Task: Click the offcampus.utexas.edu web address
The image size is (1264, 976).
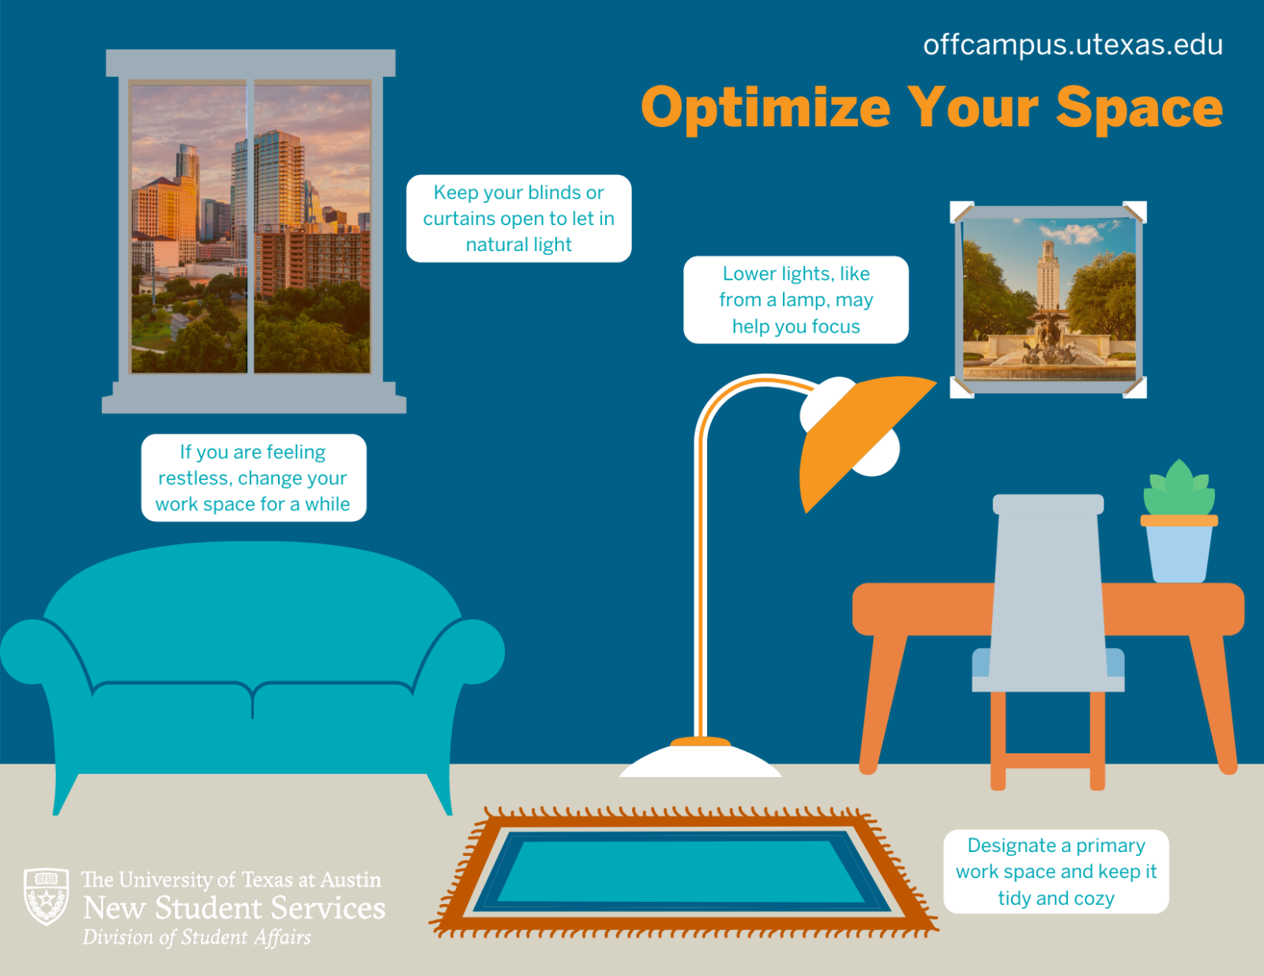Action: pyautogui.click(x=1072, y=45)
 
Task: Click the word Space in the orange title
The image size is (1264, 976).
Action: pyautogui.click(x=1139, y=108)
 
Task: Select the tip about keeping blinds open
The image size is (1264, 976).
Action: pyautogui.click(x=518, y=219)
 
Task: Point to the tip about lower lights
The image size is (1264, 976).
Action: pyautogui.click(x=796, y=300)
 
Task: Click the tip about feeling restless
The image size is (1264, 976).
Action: pyautogui.click(x=253, y=478)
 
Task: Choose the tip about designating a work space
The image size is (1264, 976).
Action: pyautogui.click(x=1055, y=872)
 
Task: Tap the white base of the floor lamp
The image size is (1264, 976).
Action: pyautogui.click(x=700, y=762)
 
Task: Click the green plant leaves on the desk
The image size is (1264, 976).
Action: pyautogui.click(x=1179, y=490)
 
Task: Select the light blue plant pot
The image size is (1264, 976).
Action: pyautogui.click(x=1179, y=553)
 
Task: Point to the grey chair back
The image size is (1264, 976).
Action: pyautogui.click(x=1048, y=584)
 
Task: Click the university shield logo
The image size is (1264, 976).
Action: pyautogui.click(x=46, y=897)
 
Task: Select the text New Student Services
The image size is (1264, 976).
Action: pyautogui.click(x=234, y=908)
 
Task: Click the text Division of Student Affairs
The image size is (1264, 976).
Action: pyautogui.click(x=197, y=937)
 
